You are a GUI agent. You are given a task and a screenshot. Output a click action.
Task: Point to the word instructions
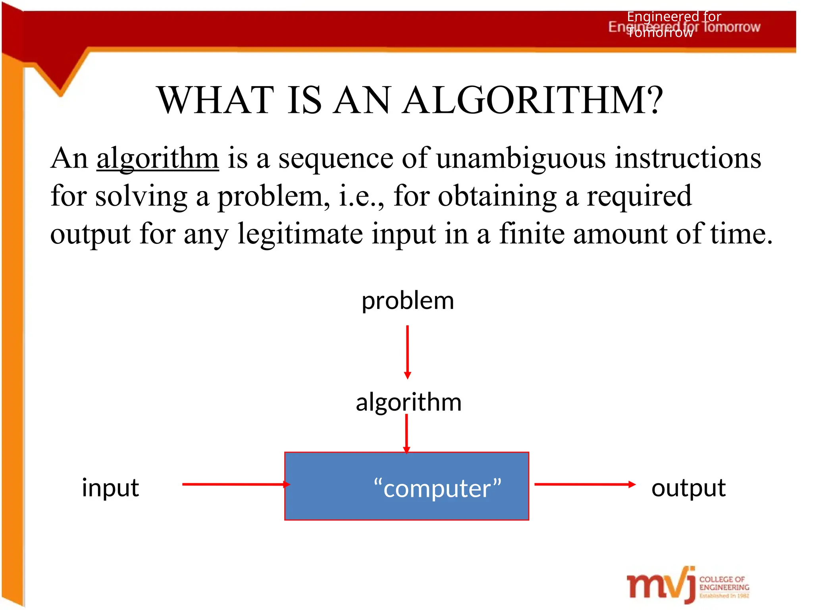click(x=688, y=158)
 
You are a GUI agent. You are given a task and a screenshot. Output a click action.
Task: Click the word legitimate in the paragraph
click(x=300, y=234)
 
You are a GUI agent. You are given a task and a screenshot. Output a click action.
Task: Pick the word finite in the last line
click(x=532, y=233)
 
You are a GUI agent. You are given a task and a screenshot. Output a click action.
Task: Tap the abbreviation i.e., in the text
click(x=361, y=196)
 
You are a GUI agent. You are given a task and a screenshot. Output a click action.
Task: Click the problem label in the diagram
click(x=408, y=301)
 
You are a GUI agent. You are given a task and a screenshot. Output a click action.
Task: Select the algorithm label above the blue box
click(x=408, y=402)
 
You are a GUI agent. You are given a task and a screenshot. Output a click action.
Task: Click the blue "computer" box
click(x=406, y=486)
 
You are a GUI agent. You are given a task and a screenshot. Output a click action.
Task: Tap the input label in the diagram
click(x=110, y=487)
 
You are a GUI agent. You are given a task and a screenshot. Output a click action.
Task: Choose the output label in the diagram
click(x=688, y=487)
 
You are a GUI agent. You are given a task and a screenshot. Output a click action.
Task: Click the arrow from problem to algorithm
click(x=407, y=351)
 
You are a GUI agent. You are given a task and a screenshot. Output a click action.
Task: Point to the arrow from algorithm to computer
click(x=406, y=433)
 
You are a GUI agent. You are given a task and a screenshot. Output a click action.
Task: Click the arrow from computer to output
click(x=584, y=484)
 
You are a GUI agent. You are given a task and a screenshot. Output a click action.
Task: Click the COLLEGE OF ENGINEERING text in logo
click(x=724, y=583)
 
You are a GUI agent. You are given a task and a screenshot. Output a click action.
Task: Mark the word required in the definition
click(x=639, y=196)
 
